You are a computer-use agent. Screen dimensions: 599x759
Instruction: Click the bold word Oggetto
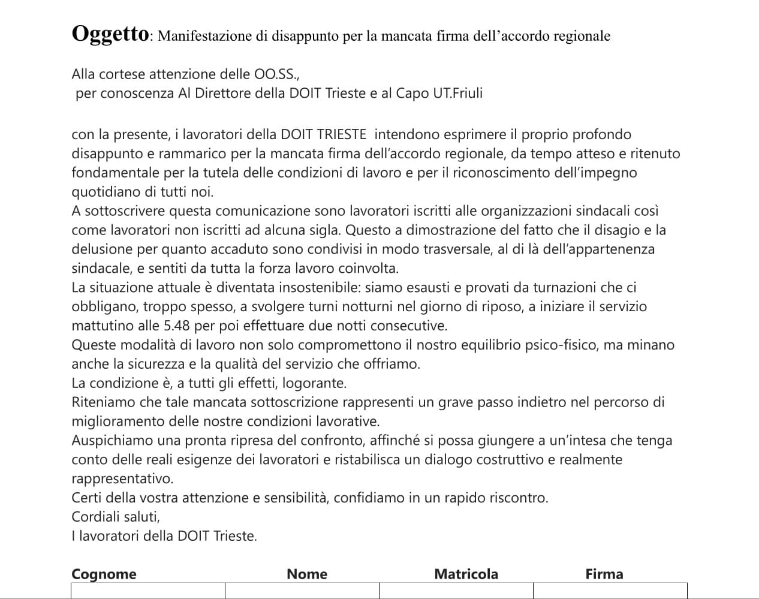point(110,34)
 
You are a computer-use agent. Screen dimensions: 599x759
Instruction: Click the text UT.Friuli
point(457,94)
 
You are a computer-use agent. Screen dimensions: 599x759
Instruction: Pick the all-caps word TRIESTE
point(339,134)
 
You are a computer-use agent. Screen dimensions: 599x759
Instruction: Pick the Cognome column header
point(104,574)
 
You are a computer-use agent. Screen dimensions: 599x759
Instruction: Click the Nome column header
point(307,574)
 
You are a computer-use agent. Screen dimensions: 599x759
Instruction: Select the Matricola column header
point(466,574)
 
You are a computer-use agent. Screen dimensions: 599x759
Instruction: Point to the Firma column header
point(604,574)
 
